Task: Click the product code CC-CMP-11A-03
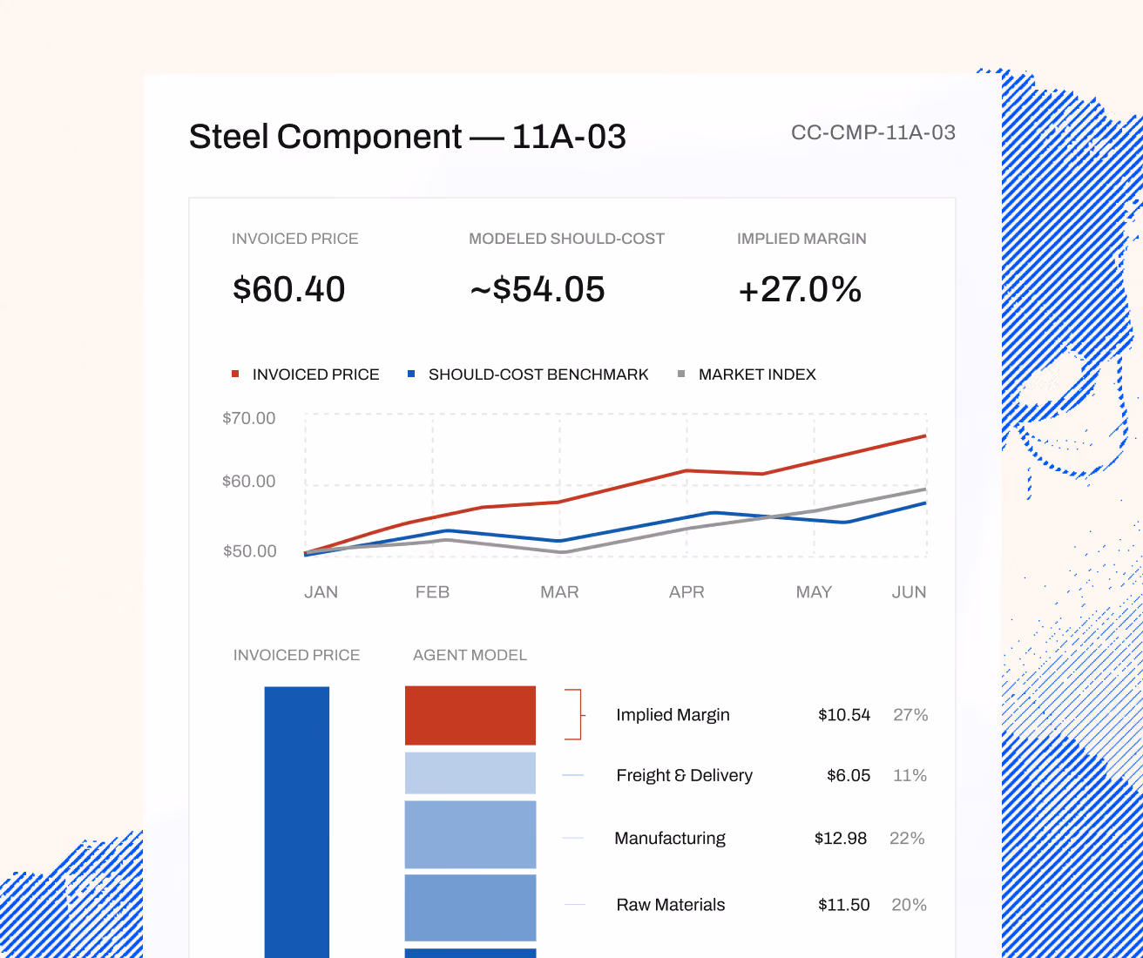[x=873, y=132]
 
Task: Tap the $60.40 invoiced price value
[x=289, y=289]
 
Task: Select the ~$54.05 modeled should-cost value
[x=538, y=289]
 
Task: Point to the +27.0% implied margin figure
[x=800, y=289]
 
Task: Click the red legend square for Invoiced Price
[x=235, y=374]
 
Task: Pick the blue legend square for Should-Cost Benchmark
[x=411, y=374]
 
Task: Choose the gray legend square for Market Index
[x=681, y=374]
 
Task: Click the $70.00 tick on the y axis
[x=248, y=418]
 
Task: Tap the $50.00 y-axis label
[x=250, y=550]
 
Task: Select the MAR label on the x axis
[x=559, y=591]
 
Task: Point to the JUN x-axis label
[x=909, y=591]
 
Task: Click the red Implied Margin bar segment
[x=470, y=716]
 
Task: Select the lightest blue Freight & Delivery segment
[x=470, y=773]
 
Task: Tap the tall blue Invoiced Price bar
[x=297, y=822]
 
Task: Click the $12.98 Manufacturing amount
[x=841, y=838]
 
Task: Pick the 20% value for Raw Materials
[x=909, y=904]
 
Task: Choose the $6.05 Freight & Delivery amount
[x=848, y=775]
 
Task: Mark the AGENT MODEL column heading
[x=470, y=655]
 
